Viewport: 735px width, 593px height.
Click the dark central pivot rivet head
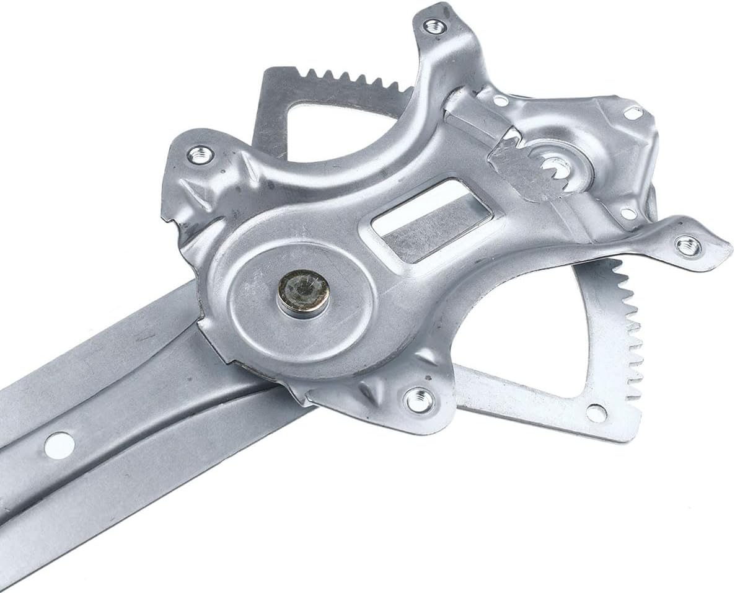coord(302,292)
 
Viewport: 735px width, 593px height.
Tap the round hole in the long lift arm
coord(59,444)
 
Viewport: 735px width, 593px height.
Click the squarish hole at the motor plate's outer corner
coord(633,114)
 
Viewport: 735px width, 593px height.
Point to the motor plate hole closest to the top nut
coord(500,100)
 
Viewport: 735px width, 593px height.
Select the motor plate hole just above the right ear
coord(627,214)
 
